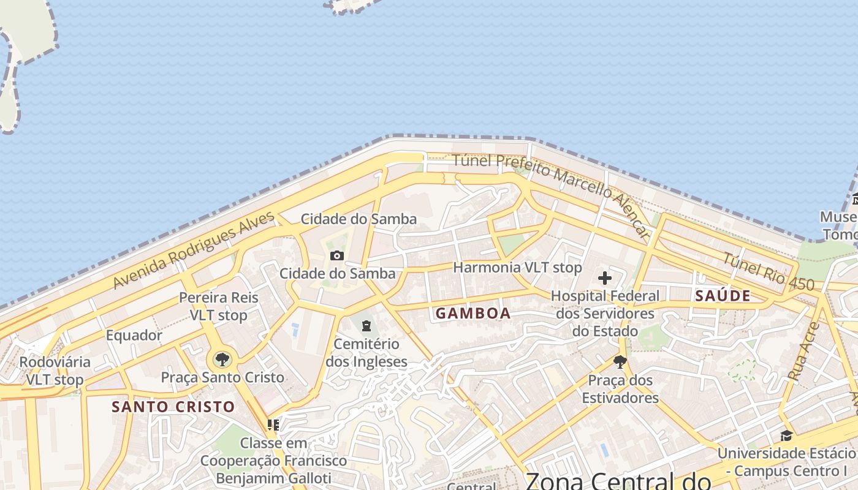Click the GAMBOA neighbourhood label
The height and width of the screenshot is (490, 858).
click(473, 313)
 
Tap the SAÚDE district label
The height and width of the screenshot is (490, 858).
click(723, 296)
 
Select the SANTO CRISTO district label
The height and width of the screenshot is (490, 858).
click(173, 406)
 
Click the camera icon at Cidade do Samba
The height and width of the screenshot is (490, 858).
click(337, 255)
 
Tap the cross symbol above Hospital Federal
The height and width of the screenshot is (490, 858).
click(605, 278)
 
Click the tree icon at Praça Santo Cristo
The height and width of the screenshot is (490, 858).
click(222, 359)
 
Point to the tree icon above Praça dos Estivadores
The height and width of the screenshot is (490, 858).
click(620, 361)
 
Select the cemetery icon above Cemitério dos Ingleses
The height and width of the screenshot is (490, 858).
click(366, 325)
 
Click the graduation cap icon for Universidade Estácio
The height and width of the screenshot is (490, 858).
click(786, 435)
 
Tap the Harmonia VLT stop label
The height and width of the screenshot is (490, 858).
click(517, 268)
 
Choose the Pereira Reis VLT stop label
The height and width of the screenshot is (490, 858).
click(219, 306)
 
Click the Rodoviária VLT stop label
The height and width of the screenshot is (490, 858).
click(55, 371)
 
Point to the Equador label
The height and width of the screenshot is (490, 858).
click(134, 335)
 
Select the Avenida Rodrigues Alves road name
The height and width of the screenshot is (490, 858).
click(194, 251)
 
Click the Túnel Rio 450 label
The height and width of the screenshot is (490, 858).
click(769, 271)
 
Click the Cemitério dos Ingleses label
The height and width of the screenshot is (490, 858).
click(366, 353)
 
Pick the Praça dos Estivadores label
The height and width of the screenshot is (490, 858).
click(620, 389)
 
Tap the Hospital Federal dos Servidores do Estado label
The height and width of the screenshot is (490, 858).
click(605, 314)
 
